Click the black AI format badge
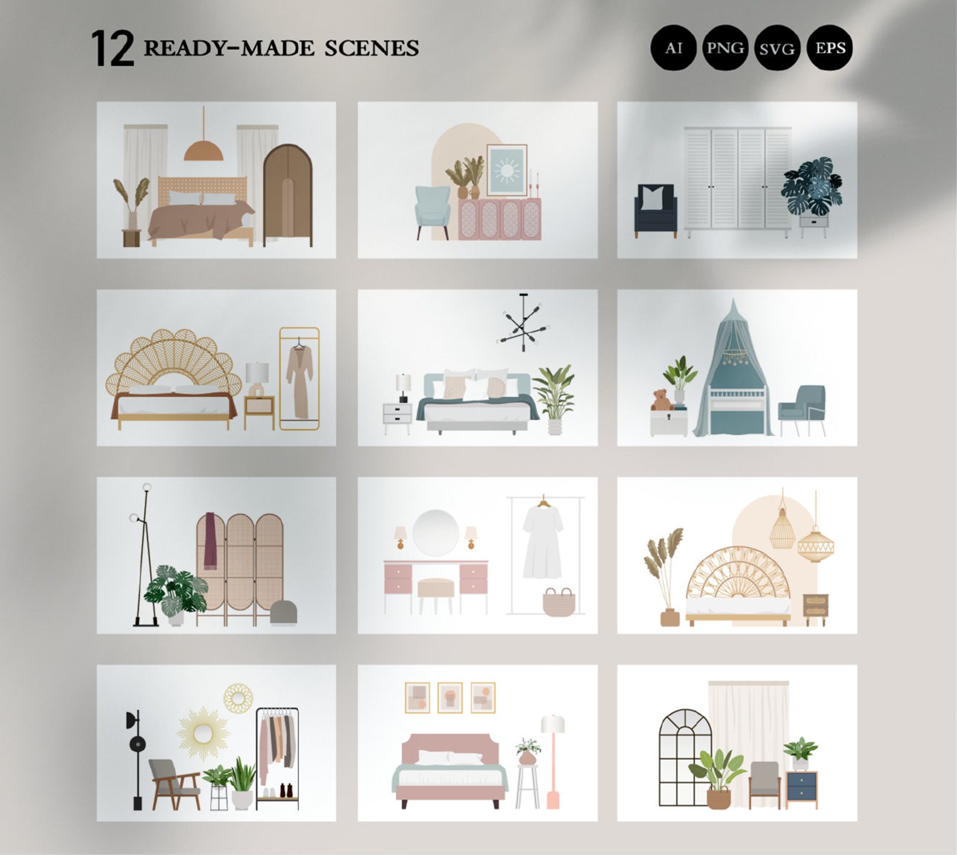coord(673,48)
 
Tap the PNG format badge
coord(724,48)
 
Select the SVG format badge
coord(777,48)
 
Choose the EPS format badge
coord(829,48)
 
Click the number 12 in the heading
coord(112,49)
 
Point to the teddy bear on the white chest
coord(662,400)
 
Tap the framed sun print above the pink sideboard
coord(506,171)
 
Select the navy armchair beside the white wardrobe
coord(656,211)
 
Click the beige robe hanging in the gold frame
coord(299,382)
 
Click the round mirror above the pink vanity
coord(435,532)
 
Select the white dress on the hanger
coord(542,542)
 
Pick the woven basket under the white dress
coord(559,603)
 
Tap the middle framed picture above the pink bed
coord(450,698)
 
